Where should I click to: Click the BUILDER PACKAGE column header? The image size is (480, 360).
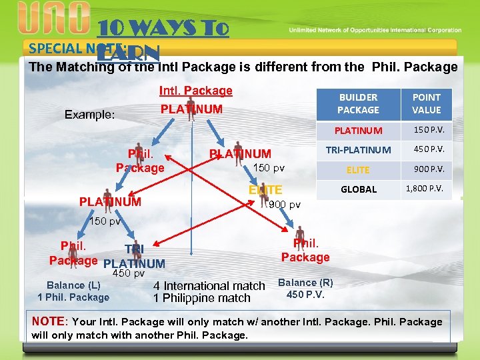click(x=358, y=104)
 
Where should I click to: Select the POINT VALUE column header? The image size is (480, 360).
click(x=427, y=104)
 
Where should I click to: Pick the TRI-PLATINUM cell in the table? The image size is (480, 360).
click(x=358, y=149)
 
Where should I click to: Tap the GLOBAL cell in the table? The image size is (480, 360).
click(x=358, y=189)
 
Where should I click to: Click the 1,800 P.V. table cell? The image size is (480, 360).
click(x=427, y=189)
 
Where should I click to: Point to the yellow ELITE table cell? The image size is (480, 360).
click(x=358, y=169)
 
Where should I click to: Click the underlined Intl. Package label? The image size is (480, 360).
click(x=195, y=91)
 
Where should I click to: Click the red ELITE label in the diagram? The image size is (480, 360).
click(x=265, y=190)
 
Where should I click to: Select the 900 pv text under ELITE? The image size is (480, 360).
click(x=284, y=204)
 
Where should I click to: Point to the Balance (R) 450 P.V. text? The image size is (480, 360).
click(x=305, y=288)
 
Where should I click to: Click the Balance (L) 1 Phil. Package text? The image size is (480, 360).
click(x=73, y=291)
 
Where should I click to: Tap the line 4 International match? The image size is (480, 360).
click(x=209, y=286)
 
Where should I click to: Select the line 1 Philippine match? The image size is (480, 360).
click(x=201, y=298)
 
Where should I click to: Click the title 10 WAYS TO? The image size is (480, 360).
click(x=163, y=29)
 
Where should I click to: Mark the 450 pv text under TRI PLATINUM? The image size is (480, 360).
click(x=128, y=273)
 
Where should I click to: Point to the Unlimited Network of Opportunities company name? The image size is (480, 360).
click(x=375, y=30)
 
